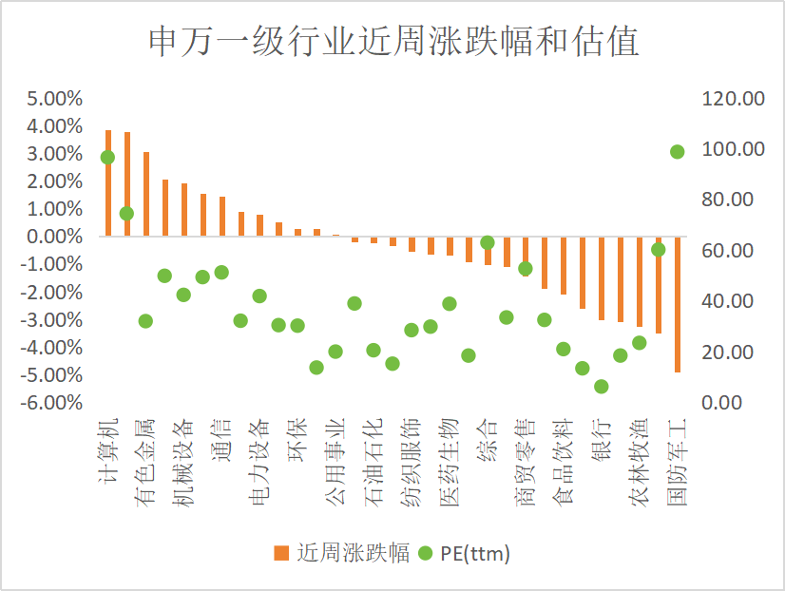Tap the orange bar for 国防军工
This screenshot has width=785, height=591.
[678, 304]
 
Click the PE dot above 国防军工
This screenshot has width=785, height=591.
[678, 151]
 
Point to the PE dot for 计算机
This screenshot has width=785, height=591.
[107, 157]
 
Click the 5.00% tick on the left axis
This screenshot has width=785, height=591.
[56, 99]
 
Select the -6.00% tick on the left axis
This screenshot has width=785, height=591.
[54, 403]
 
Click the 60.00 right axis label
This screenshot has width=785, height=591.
[730, 251]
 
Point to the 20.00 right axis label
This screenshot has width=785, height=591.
[730, 353]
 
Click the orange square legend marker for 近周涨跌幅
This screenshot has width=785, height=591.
[280, 552]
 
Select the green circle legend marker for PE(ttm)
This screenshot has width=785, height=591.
[424, 552]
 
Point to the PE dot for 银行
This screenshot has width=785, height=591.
[602, 387]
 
